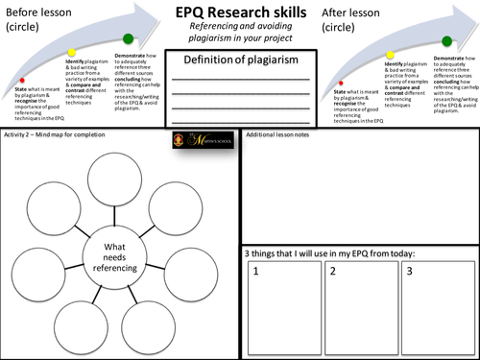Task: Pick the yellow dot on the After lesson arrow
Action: click(x=389, y=56)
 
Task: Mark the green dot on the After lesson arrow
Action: click(x=446, y=41)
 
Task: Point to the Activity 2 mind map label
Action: click(x=58, y=137)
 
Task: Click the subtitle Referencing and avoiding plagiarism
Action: click(x=240, y=34)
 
